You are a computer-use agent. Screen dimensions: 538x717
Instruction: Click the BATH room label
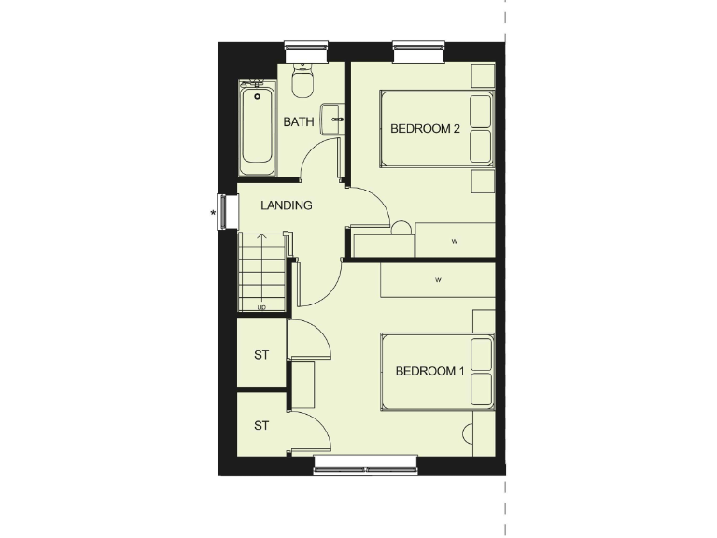point(299,121)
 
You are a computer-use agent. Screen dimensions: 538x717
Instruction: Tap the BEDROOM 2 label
point(425,129)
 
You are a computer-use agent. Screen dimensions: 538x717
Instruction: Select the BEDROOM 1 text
point(430,371)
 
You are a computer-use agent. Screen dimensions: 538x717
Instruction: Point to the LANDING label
point(286,205)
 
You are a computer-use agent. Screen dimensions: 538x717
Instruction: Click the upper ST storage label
point(261,355)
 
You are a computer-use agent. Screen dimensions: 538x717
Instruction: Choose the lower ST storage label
point(261,425)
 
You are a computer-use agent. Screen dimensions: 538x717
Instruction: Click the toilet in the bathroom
point(302,82)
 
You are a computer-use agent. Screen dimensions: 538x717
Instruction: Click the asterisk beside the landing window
point(214,214)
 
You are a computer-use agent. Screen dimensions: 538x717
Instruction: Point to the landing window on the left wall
point(224,209)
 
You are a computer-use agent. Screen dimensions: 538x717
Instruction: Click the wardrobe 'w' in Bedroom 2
point(455,241)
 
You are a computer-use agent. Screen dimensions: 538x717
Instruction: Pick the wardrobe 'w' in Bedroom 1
point(437,279)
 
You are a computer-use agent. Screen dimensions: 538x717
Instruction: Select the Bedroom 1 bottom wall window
point(365,464)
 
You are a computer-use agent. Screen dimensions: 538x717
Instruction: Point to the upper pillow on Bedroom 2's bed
point(481,110)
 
